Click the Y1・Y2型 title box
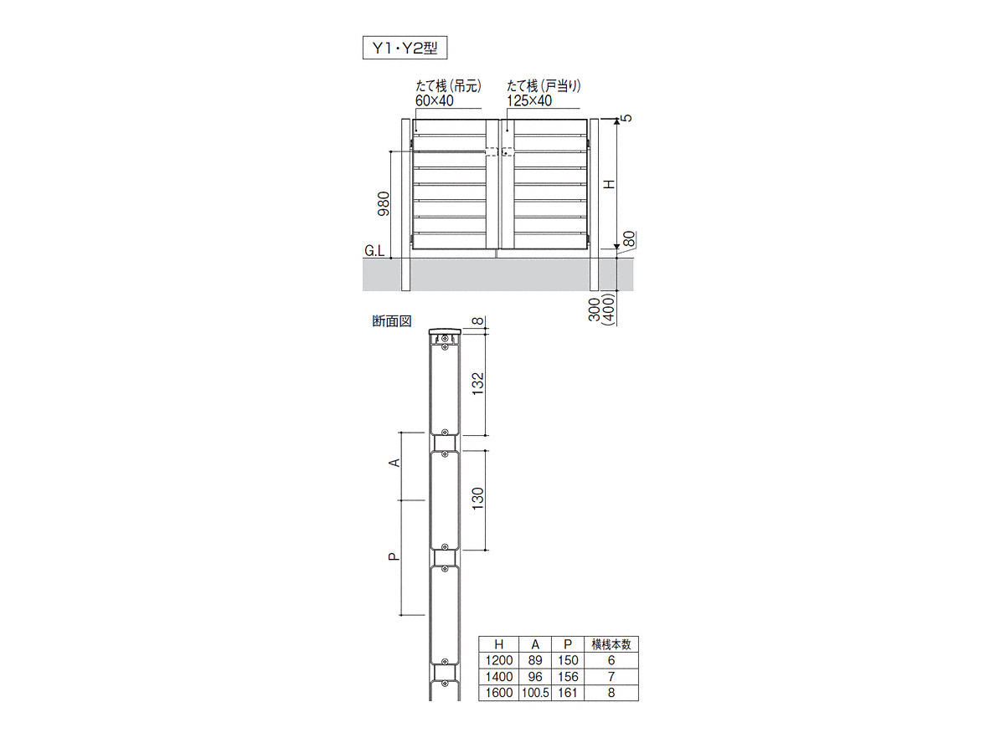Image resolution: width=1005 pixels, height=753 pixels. (405, 48)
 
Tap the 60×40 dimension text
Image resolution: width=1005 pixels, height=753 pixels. (435, 101)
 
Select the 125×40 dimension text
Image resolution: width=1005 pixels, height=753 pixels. (528, 101)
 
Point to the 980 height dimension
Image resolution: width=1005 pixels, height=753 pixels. (384, 204)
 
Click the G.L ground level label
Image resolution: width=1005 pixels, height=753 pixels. (374, 251)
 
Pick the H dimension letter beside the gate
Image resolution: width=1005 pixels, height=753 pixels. (610, 184)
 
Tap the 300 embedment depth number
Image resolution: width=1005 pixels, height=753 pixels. (595, 309)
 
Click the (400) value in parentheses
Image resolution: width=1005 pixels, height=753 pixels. (609, 309)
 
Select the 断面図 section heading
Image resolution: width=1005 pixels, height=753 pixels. (392, 321)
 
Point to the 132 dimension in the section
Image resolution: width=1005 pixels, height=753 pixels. (477, 384)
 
